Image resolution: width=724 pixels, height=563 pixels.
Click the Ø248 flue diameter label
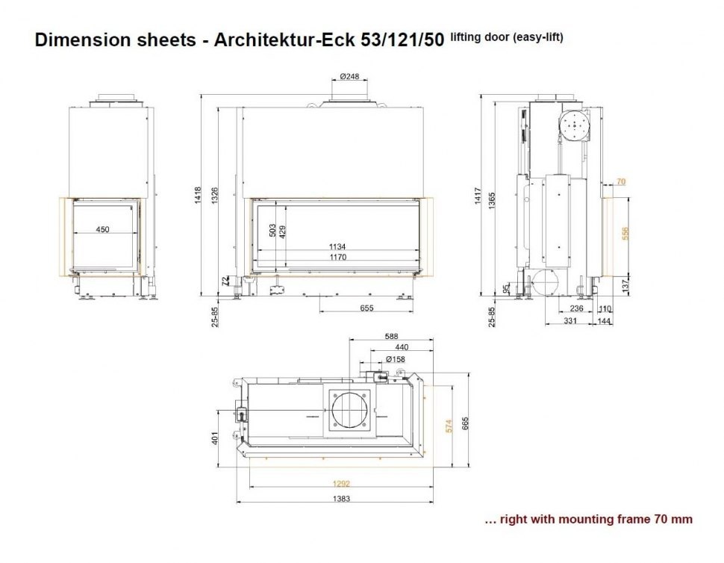point(349,76)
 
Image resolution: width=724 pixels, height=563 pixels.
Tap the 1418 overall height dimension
point(198,195)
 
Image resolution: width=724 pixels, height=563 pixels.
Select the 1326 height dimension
point(215,196)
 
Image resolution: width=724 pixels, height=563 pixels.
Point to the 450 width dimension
point(102,229)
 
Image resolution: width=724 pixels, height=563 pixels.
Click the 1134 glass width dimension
point(337,246)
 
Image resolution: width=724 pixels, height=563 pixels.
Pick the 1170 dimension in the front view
point(338,257)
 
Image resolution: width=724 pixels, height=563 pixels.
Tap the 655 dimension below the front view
point(366,308)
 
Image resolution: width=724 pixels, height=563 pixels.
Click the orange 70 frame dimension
point(621,181)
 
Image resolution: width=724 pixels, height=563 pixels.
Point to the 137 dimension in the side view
point(625,285)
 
